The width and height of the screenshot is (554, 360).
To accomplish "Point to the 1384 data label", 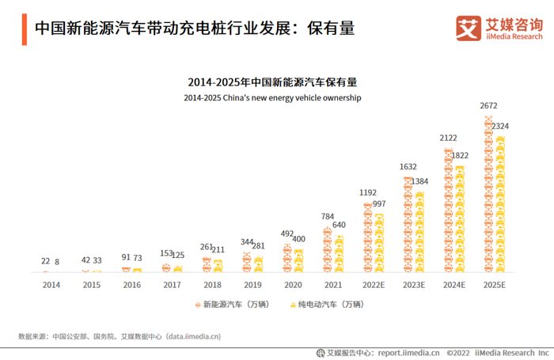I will point(419,181).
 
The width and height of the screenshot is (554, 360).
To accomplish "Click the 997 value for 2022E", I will point(379,204).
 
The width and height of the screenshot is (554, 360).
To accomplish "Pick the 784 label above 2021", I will point(328,216).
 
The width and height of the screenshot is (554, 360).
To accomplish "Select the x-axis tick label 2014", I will point(51,285).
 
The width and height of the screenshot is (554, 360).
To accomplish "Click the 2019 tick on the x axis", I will point(252,285).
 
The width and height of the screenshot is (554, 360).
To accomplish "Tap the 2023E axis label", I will point(413,285).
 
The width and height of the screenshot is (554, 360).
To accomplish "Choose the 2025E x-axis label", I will point(494,285).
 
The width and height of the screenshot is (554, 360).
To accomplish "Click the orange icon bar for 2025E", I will point(488,195).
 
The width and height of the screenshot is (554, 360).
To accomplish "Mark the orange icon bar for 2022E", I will point(367,238).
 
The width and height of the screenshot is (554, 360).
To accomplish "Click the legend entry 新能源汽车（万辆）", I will point(230,304).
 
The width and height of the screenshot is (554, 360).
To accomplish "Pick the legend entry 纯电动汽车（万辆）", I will point(326,304).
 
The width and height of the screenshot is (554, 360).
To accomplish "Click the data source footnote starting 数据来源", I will point(120,335).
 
